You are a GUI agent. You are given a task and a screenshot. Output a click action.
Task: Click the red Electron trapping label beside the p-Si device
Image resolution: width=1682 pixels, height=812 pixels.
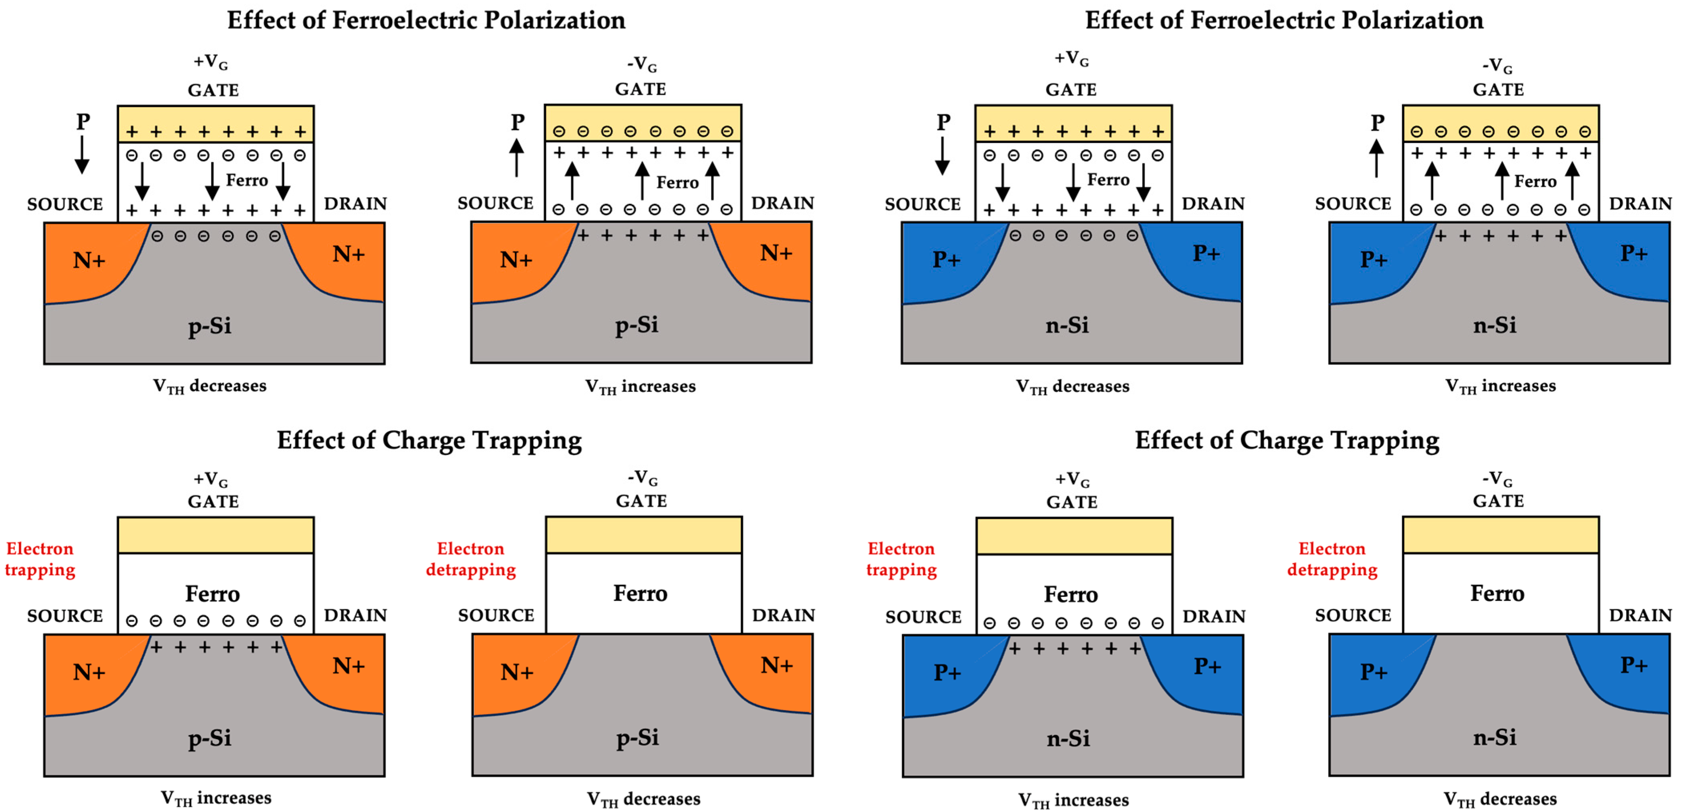pos(40,559)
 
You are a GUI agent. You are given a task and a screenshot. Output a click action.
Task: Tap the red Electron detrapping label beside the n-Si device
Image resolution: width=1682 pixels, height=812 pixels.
pos(1332,559)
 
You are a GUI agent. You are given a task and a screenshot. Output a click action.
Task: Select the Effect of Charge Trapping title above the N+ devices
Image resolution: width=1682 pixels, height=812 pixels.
pos(429,440)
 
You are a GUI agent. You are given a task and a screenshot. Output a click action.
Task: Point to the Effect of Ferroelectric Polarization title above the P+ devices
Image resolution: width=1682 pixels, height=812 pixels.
pos(1284,20)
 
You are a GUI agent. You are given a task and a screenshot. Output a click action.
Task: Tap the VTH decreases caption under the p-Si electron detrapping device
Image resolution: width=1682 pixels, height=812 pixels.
pos(643,798)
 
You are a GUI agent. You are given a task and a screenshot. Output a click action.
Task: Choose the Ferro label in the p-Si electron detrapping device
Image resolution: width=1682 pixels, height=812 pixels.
pos(640,593)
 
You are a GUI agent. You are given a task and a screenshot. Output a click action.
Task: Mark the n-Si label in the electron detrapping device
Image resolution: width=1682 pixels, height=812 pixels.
pos(1495,737)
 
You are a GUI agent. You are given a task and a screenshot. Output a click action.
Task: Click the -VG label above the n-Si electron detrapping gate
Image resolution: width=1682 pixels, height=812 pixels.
pos(1497,478)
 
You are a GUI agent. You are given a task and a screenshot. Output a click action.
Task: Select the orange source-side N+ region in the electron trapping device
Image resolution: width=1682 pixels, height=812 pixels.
pos(88,672)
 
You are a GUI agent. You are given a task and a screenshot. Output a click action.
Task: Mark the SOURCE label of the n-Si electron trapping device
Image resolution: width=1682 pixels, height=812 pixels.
pos(923,616)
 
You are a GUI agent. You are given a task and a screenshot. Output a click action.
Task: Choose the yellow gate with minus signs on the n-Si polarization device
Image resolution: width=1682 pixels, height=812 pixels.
pos(1501,123)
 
